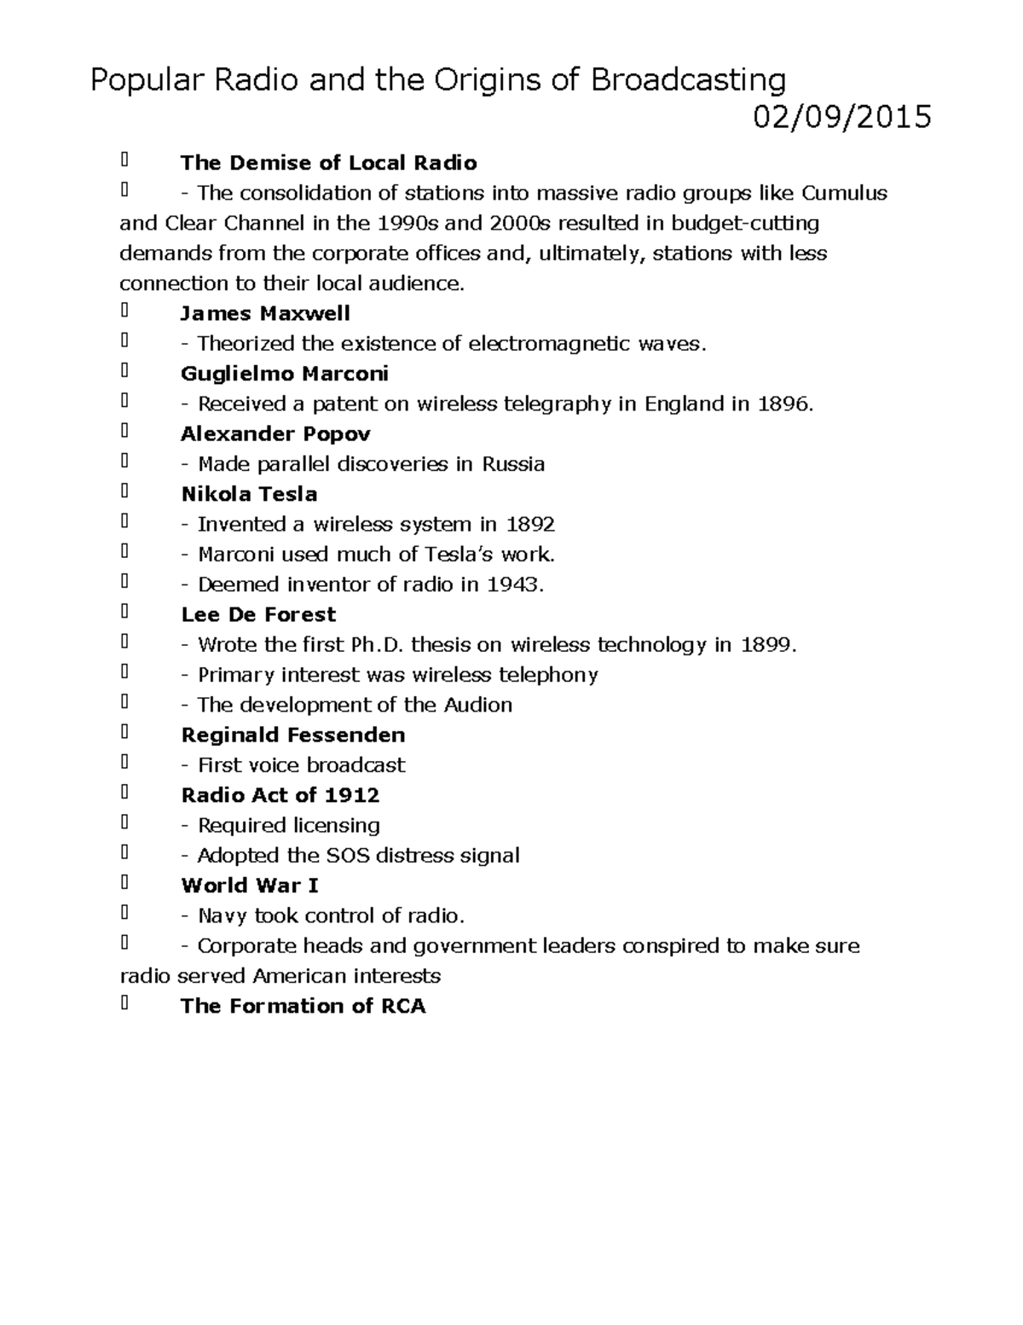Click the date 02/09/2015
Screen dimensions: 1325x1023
841,117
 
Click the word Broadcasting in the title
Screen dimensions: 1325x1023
688,80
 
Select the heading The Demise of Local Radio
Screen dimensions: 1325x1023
328,163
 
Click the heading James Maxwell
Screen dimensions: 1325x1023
265,313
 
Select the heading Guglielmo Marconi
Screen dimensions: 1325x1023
285,374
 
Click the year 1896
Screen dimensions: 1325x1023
782,404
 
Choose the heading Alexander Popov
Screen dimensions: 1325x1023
275,434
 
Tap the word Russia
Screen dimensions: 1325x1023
513,464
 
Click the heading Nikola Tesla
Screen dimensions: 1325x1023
249,494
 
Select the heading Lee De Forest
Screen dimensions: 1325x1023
258,614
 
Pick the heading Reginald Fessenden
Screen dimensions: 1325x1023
292,735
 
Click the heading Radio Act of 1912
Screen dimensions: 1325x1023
280,795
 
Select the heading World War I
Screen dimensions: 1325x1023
250,886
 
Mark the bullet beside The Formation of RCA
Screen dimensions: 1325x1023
124,1004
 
